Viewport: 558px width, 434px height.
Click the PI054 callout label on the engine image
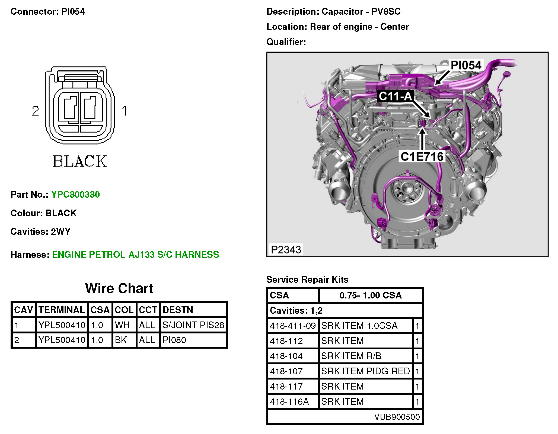click(x=466, y=65)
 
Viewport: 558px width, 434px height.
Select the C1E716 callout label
click(x=422, y=156)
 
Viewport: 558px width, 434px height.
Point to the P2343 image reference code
click(x=286, y=249)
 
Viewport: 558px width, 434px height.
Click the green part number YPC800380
click(x=75, y=194)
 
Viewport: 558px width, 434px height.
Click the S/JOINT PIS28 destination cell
click(x=193, y=325)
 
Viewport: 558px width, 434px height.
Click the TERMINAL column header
click(x=62, y=310)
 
